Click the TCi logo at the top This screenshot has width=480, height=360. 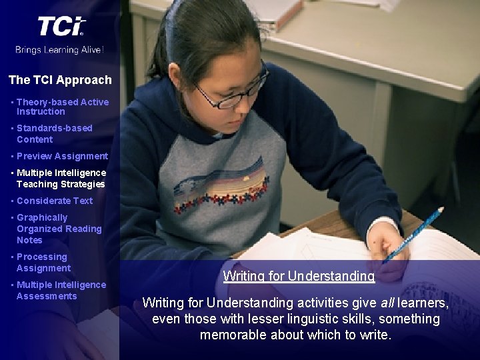61,26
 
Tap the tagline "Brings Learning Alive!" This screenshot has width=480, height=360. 60,49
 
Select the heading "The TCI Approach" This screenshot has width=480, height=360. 60,80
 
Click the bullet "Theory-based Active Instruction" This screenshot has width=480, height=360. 61,107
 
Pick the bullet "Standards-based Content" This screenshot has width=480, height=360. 54,133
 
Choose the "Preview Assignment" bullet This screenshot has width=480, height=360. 62,156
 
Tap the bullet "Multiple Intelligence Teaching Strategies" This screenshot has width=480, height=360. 61,178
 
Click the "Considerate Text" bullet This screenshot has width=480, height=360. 55,201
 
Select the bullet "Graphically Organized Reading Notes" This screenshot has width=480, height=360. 59,229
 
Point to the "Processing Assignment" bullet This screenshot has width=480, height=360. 43,262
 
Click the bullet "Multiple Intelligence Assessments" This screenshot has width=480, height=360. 61,290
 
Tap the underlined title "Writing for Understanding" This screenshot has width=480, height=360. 299,276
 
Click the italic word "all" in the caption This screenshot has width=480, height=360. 389,303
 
